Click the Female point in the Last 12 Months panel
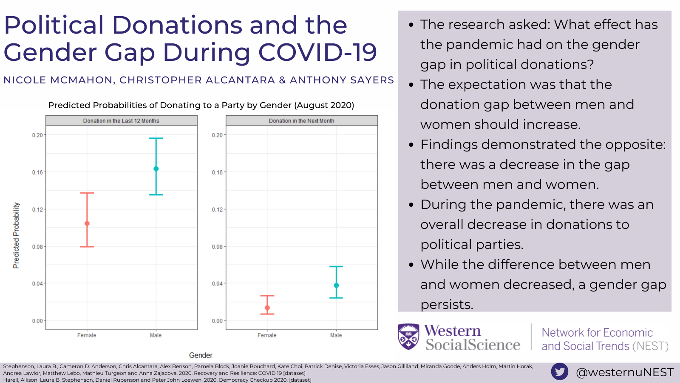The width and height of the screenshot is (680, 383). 87,223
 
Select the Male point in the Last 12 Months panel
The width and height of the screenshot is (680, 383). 156,169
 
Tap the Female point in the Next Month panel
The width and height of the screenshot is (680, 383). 267,308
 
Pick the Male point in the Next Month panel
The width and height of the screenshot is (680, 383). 336,285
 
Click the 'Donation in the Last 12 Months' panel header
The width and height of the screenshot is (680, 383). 121,121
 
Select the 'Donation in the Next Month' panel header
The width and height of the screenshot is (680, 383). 301,121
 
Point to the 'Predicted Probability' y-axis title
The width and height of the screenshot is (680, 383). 16,235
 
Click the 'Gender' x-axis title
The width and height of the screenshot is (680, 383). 201,355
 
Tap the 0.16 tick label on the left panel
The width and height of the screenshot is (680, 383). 37,172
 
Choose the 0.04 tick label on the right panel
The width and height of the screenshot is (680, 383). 217,283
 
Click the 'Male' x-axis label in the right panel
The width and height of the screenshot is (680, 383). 336,335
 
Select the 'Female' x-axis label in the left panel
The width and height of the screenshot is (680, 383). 87,335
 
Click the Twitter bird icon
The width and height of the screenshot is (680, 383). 560,372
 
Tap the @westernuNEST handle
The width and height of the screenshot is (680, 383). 624,372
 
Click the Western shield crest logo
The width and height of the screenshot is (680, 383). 408,337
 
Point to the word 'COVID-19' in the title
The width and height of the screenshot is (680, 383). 317,52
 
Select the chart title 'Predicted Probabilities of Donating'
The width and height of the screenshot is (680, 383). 201,105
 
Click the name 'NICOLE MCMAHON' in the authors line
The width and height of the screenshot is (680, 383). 58,80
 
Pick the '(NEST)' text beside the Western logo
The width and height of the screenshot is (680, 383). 650,346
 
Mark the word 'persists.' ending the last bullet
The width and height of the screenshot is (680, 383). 446,305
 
